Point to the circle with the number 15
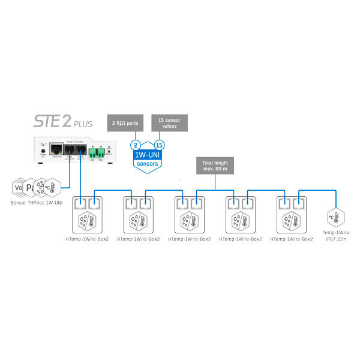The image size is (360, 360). click(159, 145)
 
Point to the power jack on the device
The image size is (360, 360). click(42, 151)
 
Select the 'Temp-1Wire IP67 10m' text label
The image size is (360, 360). click(335, 236)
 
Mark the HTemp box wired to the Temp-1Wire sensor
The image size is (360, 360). click(292, 216)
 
